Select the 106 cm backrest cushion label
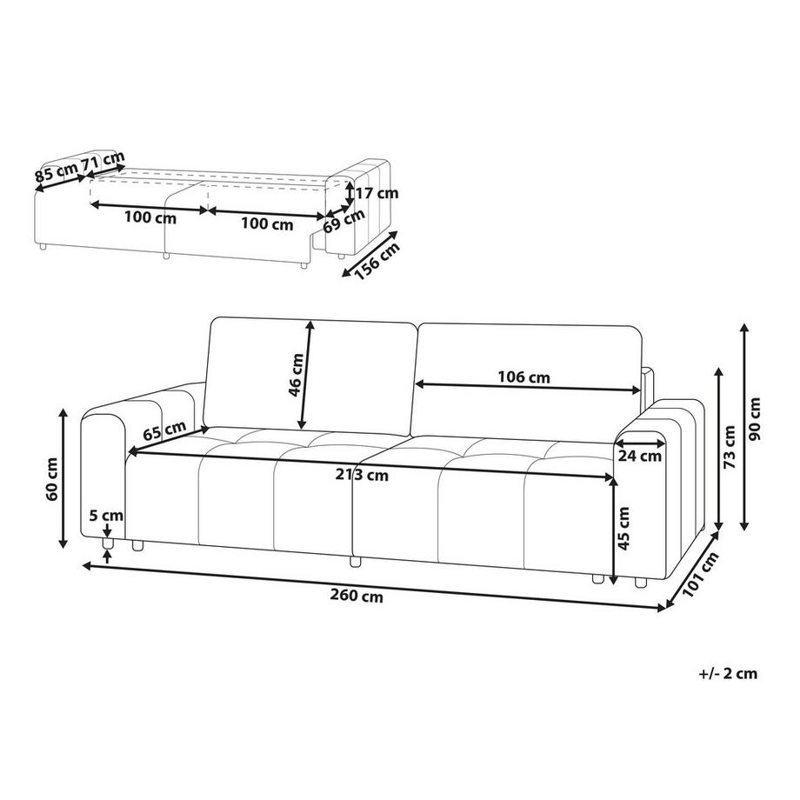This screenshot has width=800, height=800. pyautogui.click(x=524, y=377)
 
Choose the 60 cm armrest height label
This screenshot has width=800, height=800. pyautogui.click(x=54, y=479)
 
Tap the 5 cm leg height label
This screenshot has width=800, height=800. pyautogui.click(x=105, y=515)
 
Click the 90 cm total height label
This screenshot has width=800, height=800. pyautogui.click(x=754, y=419)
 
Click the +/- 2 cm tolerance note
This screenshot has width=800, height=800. pyautogui.click(x=728, y=673)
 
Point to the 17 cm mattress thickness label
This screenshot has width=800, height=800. pyautogui.click(x=377, y=193)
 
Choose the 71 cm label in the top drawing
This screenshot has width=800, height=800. pyautogui.click(x=102, y=161)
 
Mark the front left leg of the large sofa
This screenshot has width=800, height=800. pyautogui.click(x=108, y=544)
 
